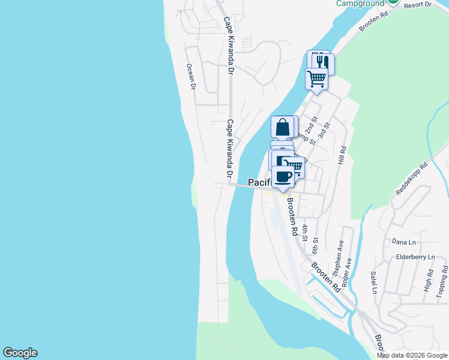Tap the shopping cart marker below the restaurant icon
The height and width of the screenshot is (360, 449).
click(x=316, y=78)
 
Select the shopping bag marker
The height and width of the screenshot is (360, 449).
click(x=283, y=127)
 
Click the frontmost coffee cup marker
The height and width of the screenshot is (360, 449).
click(x=283, y=176)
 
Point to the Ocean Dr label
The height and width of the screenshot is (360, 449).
click(x=191, y=77)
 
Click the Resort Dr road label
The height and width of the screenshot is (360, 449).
click(x=418, y=5)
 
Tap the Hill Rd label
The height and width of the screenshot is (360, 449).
click(x=343, y=156)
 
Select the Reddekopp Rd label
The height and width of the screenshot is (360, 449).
click(x=411, y=178)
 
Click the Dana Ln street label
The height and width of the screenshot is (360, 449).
click(x=403, y=242)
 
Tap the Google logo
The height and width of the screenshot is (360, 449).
click(x=20, y=353)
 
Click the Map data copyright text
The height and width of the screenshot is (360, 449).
click(x=412, y=355)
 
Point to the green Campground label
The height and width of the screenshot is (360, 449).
click(x=360, y=4)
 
